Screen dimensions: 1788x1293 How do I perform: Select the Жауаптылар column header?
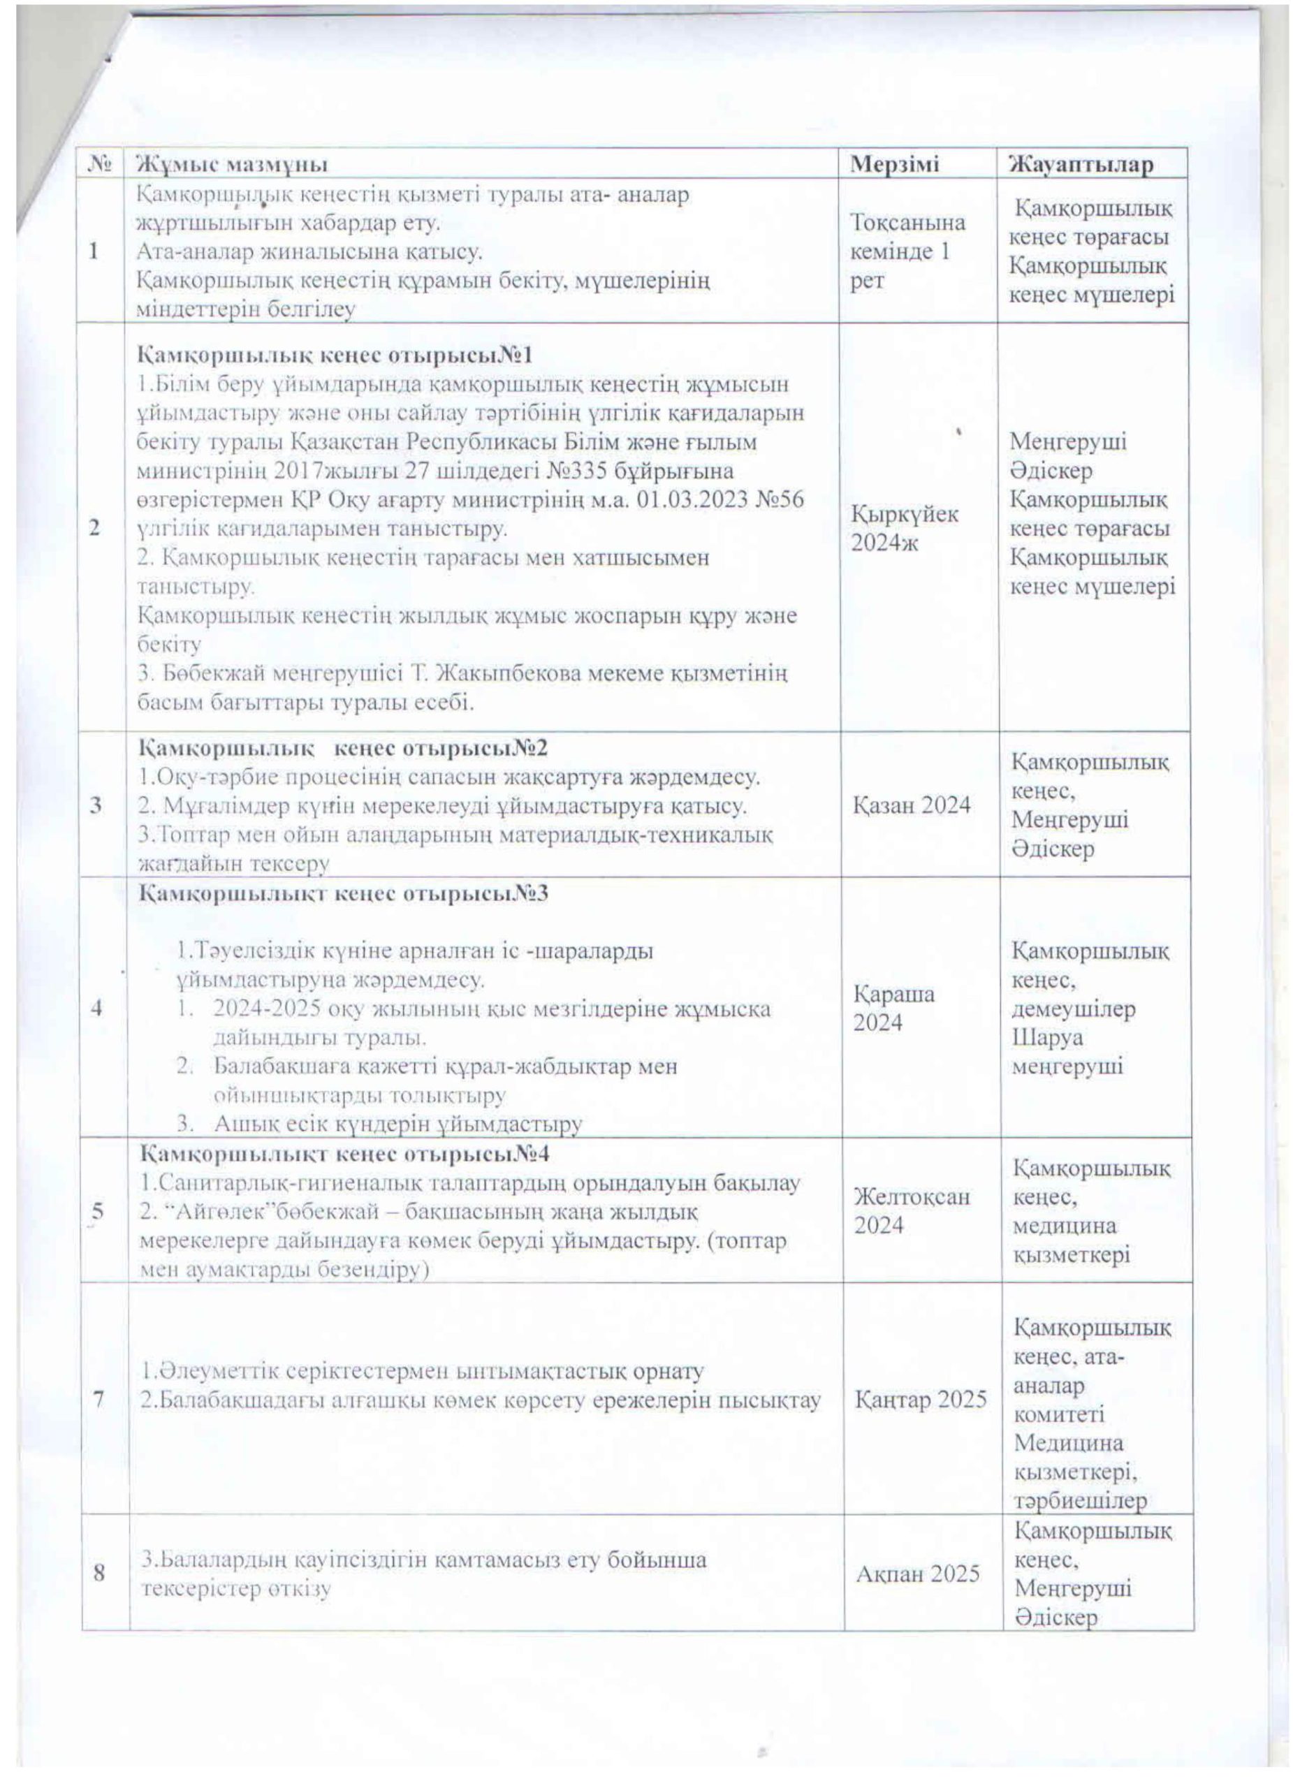tap(1082, 164)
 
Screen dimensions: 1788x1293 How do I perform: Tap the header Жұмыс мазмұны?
tap(233, 164)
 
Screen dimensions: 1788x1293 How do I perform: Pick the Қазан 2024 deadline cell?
tap(912, 805)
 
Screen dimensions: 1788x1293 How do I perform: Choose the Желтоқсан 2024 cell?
tap(912, 1211)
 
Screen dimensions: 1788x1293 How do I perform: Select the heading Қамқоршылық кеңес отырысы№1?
tap(336, 356)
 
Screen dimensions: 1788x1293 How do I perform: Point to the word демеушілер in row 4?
tap(1073, 1009)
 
